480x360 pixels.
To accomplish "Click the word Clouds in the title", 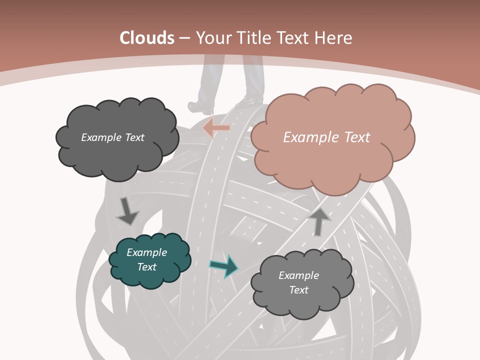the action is tap(147, 38).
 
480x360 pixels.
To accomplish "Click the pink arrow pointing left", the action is tap(216, 127).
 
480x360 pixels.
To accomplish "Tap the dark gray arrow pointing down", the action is tap(127, 210).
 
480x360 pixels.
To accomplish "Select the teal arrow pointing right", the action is tap(224, 265).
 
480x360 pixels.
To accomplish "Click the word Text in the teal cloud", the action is tap(147, 267).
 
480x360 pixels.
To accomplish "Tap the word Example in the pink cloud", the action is tap(307, 137).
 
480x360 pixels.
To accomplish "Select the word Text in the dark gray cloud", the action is tap(133, 137).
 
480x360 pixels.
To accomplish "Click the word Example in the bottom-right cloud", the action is tap(298, 275).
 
